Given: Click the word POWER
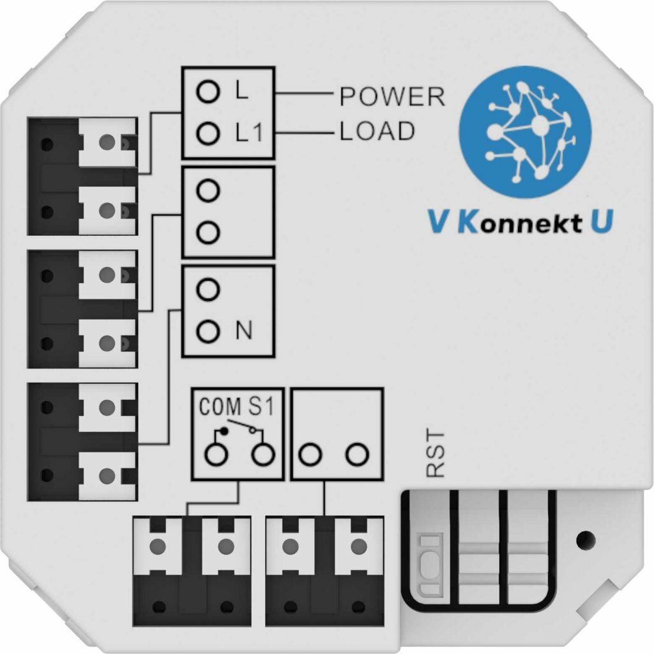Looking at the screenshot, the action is pyautogui.click(x=392, y=96).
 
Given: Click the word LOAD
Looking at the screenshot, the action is pyautogui.click(x=377, y=132).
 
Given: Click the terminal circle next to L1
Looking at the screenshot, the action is pyautogui.click(x=206, y=133).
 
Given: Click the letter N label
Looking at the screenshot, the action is pyautogui.click(x=243, y=331).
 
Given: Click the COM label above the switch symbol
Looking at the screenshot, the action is pyautogui.click(x=216, y=407).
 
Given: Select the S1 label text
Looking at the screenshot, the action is pyautogui.click(x=260, y=407).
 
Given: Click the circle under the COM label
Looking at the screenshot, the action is pyautogui.click(x=216, y=455).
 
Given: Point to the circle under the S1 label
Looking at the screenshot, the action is pyautogui.click(x=262, y=455).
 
